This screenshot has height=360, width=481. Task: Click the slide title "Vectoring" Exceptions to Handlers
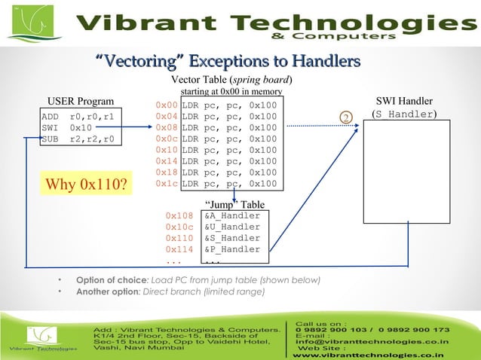point(227,60)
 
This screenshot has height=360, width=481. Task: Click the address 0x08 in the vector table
point(166,128)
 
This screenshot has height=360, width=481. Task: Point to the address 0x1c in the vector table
point(166,183)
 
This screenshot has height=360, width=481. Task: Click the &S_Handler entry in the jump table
point(232,238)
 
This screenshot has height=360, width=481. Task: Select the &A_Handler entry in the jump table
point(232,215)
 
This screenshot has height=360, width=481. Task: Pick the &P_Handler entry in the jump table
point(232,249)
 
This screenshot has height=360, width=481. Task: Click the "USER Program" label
point(81,102)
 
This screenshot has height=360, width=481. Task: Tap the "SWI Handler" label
point(404,101)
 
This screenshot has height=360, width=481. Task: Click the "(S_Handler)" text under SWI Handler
point(405,114)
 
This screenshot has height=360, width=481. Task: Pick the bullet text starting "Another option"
point(170,291)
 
